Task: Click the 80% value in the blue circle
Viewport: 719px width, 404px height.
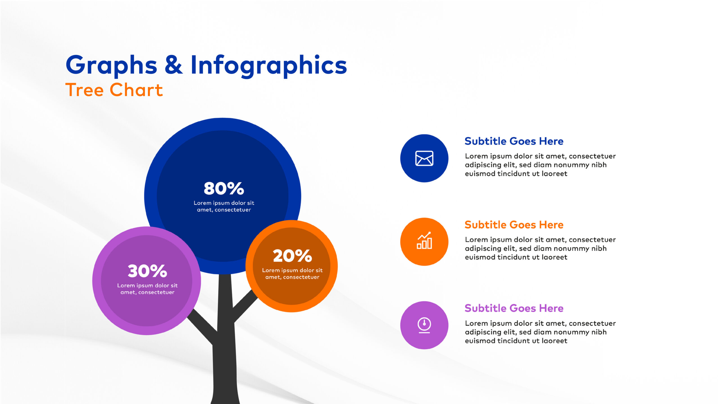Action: point(224,188)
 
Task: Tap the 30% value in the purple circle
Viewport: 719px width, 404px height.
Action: point(147,271)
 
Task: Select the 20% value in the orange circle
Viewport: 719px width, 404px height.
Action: point(292,256)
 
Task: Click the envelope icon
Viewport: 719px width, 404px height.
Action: point(424,158)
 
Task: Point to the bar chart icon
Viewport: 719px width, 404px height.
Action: point(424,240)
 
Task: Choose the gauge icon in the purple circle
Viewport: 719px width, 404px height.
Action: point(424,325)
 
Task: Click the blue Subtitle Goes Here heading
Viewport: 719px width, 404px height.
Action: point(514,141)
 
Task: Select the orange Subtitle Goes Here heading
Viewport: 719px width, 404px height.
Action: point(514,224)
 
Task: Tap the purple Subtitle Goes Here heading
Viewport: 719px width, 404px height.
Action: point(514,308)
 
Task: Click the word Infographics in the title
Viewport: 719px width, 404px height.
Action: point(269,66)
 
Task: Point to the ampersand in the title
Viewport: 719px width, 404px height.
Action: point(174,65)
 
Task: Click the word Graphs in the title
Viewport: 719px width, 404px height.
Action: point(111,66)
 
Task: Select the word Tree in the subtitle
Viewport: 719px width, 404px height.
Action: point(85,90)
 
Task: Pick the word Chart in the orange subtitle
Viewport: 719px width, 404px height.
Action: point(136,90)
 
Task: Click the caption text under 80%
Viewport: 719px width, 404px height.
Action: point(224,206)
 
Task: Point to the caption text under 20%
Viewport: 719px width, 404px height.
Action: point(292,274)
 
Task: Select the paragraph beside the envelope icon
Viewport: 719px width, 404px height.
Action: point(540,165)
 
